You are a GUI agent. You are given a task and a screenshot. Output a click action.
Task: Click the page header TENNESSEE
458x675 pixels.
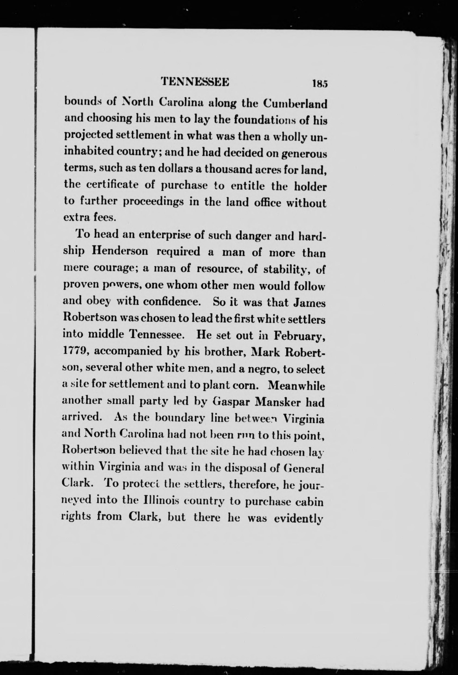[x=195, y=82]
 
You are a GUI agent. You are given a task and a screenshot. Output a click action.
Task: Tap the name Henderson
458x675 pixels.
[x=120, y=251]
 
